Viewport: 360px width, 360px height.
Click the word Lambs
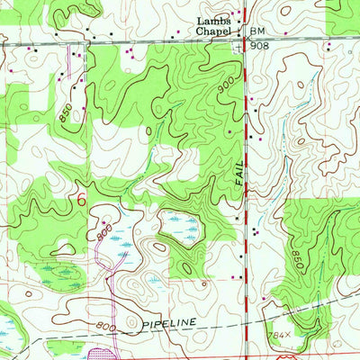point(213,21)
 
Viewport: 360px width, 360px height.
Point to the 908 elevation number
point(260,43)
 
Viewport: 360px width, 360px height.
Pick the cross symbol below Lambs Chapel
point(238,47)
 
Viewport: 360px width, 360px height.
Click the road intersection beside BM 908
point(246,40)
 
